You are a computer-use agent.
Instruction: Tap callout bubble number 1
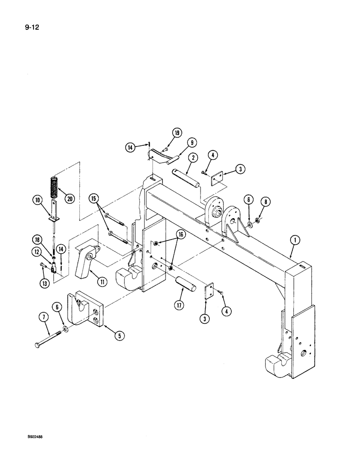[x=295, y=241]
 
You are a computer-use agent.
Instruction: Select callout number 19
[x=177, y=132]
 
